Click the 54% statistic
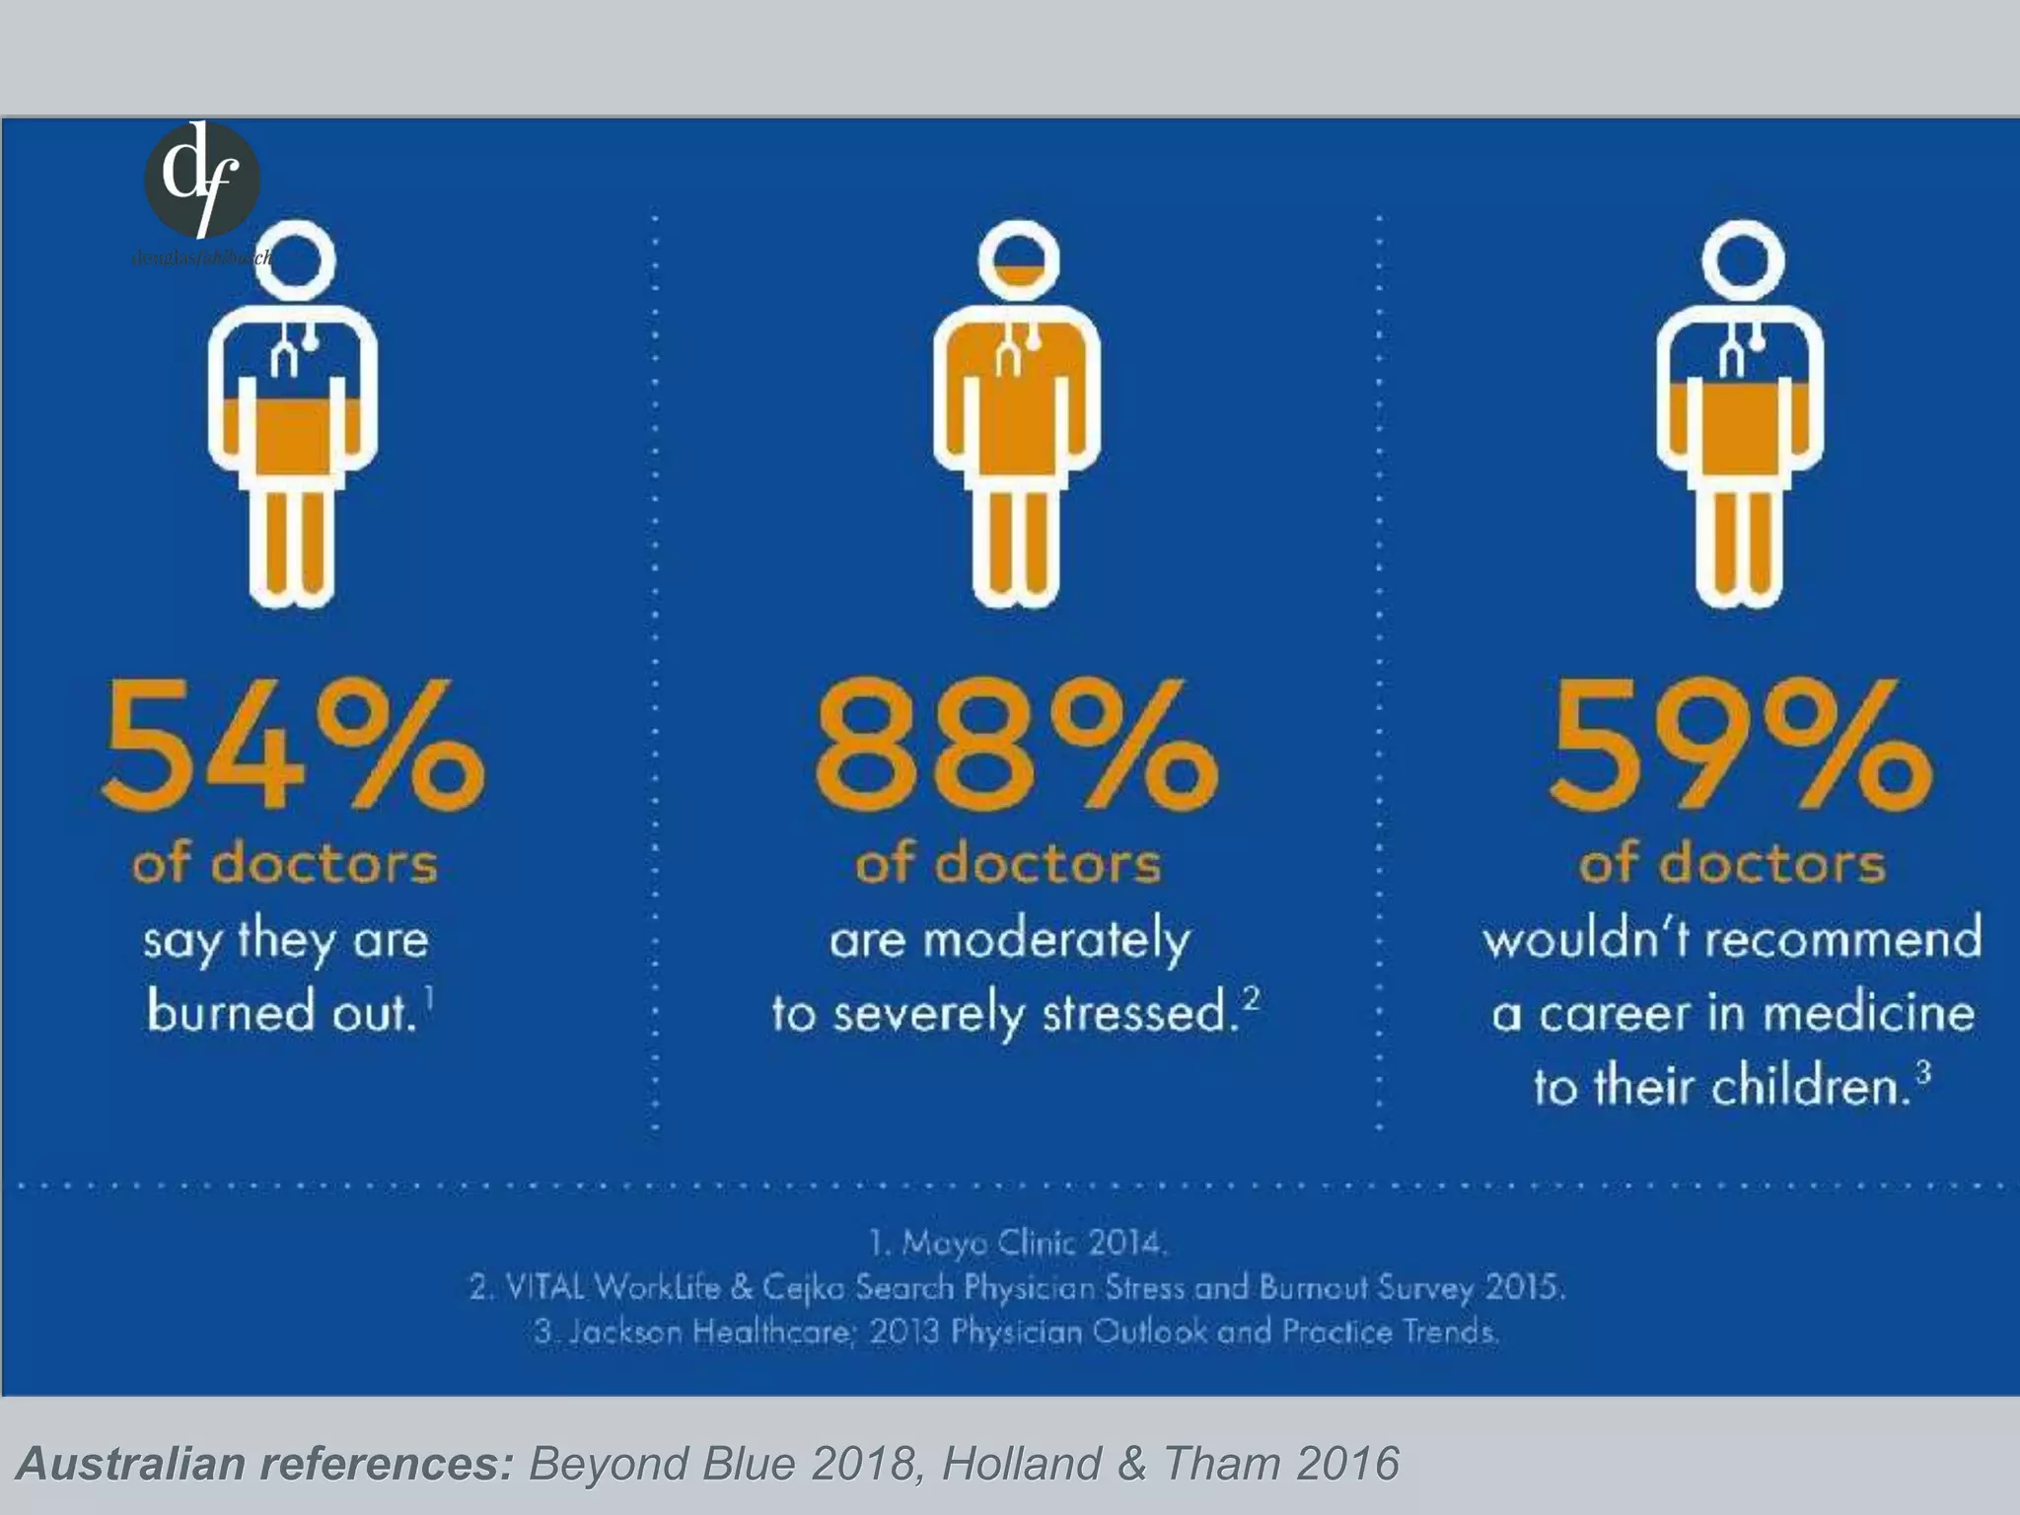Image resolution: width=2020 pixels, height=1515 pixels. tap(293, 746)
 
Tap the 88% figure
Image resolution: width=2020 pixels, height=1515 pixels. tap(1016, 746)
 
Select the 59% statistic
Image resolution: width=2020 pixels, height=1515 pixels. tap(1740, 746)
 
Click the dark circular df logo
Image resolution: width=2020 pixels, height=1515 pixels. tap(202, 180)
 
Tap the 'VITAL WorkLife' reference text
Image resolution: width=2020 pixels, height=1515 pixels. tap(613, 1287)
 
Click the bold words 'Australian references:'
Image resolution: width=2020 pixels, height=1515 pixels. tap(265, 1464)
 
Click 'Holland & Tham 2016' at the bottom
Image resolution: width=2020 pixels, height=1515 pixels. tap(1170, 1464)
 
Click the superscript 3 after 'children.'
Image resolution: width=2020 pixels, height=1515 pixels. tap(1922, 1070)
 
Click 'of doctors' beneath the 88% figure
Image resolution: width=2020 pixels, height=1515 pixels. tap(1008, 864)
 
